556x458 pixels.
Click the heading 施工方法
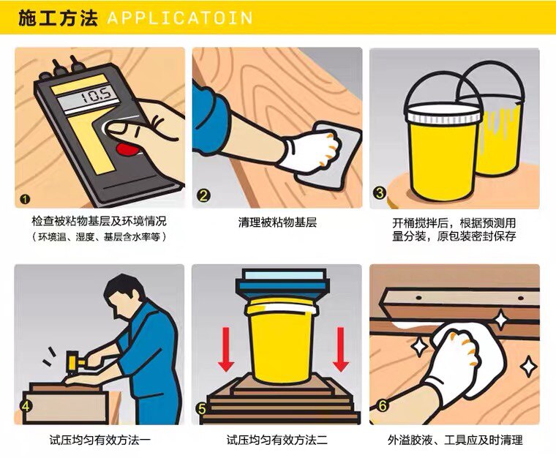point(58,18)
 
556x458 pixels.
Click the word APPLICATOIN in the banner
point(180,18)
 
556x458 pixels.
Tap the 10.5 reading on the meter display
point(97,95)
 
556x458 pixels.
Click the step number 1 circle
point(25,199)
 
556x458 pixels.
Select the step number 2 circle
point(203,195)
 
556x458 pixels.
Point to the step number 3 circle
point(380,193)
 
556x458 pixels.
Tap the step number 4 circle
point(26,406)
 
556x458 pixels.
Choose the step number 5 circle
point(202,409)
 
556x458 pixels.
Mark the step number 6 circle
point(382,405)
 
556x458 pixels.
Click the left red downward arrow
point(226,349)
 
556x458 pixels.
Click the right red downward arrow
point(340,349)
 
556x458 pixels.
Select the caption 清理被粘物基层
point(277,222)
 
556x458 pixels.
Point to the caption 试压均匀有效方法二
point(277,440)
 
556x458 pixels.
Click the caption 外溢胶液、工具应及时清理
point(455,440)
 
